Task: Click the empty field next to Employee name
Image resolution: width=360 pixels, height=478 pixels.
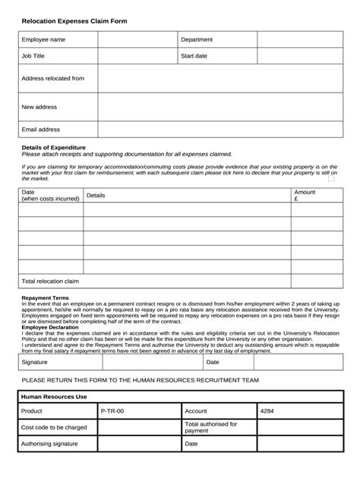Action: tap(137, 39)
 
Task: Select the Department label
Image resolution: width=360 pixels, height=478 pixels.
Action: tap(196, 39)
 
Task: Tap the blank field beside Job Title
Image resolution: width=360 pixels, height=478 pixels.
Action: tap(137, 56)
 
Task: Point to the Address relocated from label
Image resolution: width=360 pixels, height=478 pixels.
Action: tap(52, 78)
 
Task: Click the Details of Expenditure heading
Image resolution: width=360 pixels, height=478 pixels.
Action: tap(53, 147)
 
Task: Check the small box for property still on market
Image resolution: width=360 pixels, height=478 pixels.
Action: tap(331, 179)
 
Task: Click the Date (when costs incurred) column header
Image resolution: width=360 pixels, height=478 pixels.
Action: tap(50, 196)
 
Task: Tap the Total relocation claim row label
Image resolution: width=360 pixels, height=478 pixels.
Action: tap(50, 281)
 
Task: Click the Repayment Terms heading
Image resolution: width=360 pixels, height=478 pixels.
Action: tap(45, 298)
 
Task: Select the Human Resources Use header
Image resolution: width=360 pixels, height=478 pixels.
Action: tap(55, 397)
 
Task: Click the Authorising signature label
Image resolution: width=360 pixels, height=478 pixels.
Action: tap(49, 444)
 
